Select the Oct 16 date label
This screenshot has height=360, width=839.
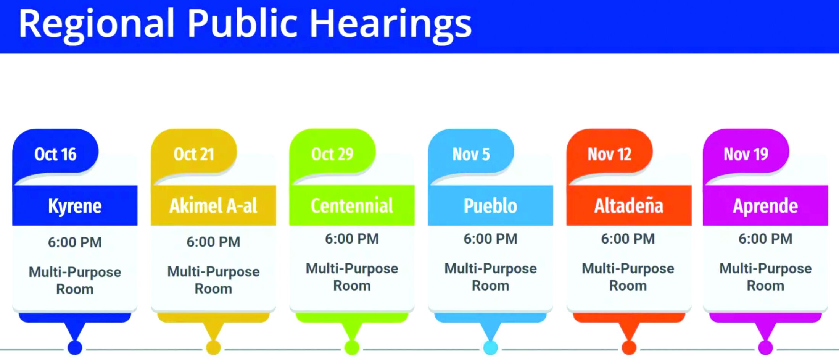[55, 154]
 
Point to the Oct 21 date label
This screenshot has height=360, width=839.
[194, 154]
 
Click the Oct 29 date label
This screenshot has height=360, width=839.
[332, 154]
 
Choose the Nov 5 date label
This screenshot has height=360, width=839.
[471, 154]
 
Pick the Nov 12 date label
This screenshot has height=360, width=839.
[609, 154]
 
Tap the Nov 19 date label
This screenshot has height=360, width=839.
[746, 154]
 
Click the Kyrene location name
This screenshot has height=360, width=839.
[75, 207]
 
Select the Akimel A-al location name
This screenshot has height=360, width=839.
[213, 206]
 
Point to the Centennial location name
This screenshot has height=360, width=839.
[352, 206]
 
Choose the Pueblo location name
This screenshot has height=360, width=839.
[490, 206]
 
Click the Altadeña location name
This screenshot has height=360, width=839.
[629, 206]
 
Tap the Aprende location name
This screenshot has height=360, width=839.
[765, 207]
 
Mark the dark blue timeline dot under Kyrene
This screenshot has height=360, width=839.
[75, 348]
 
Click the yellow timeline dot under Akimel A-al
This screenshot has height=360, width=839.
[213, 348]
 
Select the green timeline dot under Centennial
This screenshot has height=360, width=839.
[352, 348]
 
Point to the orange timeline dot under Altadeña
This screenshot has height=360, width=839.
[629, 348]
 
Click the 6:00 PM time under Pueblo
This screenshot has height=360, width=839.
[490, 239]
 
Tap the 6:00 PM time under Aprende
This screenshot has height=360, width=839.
[765, 239]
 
